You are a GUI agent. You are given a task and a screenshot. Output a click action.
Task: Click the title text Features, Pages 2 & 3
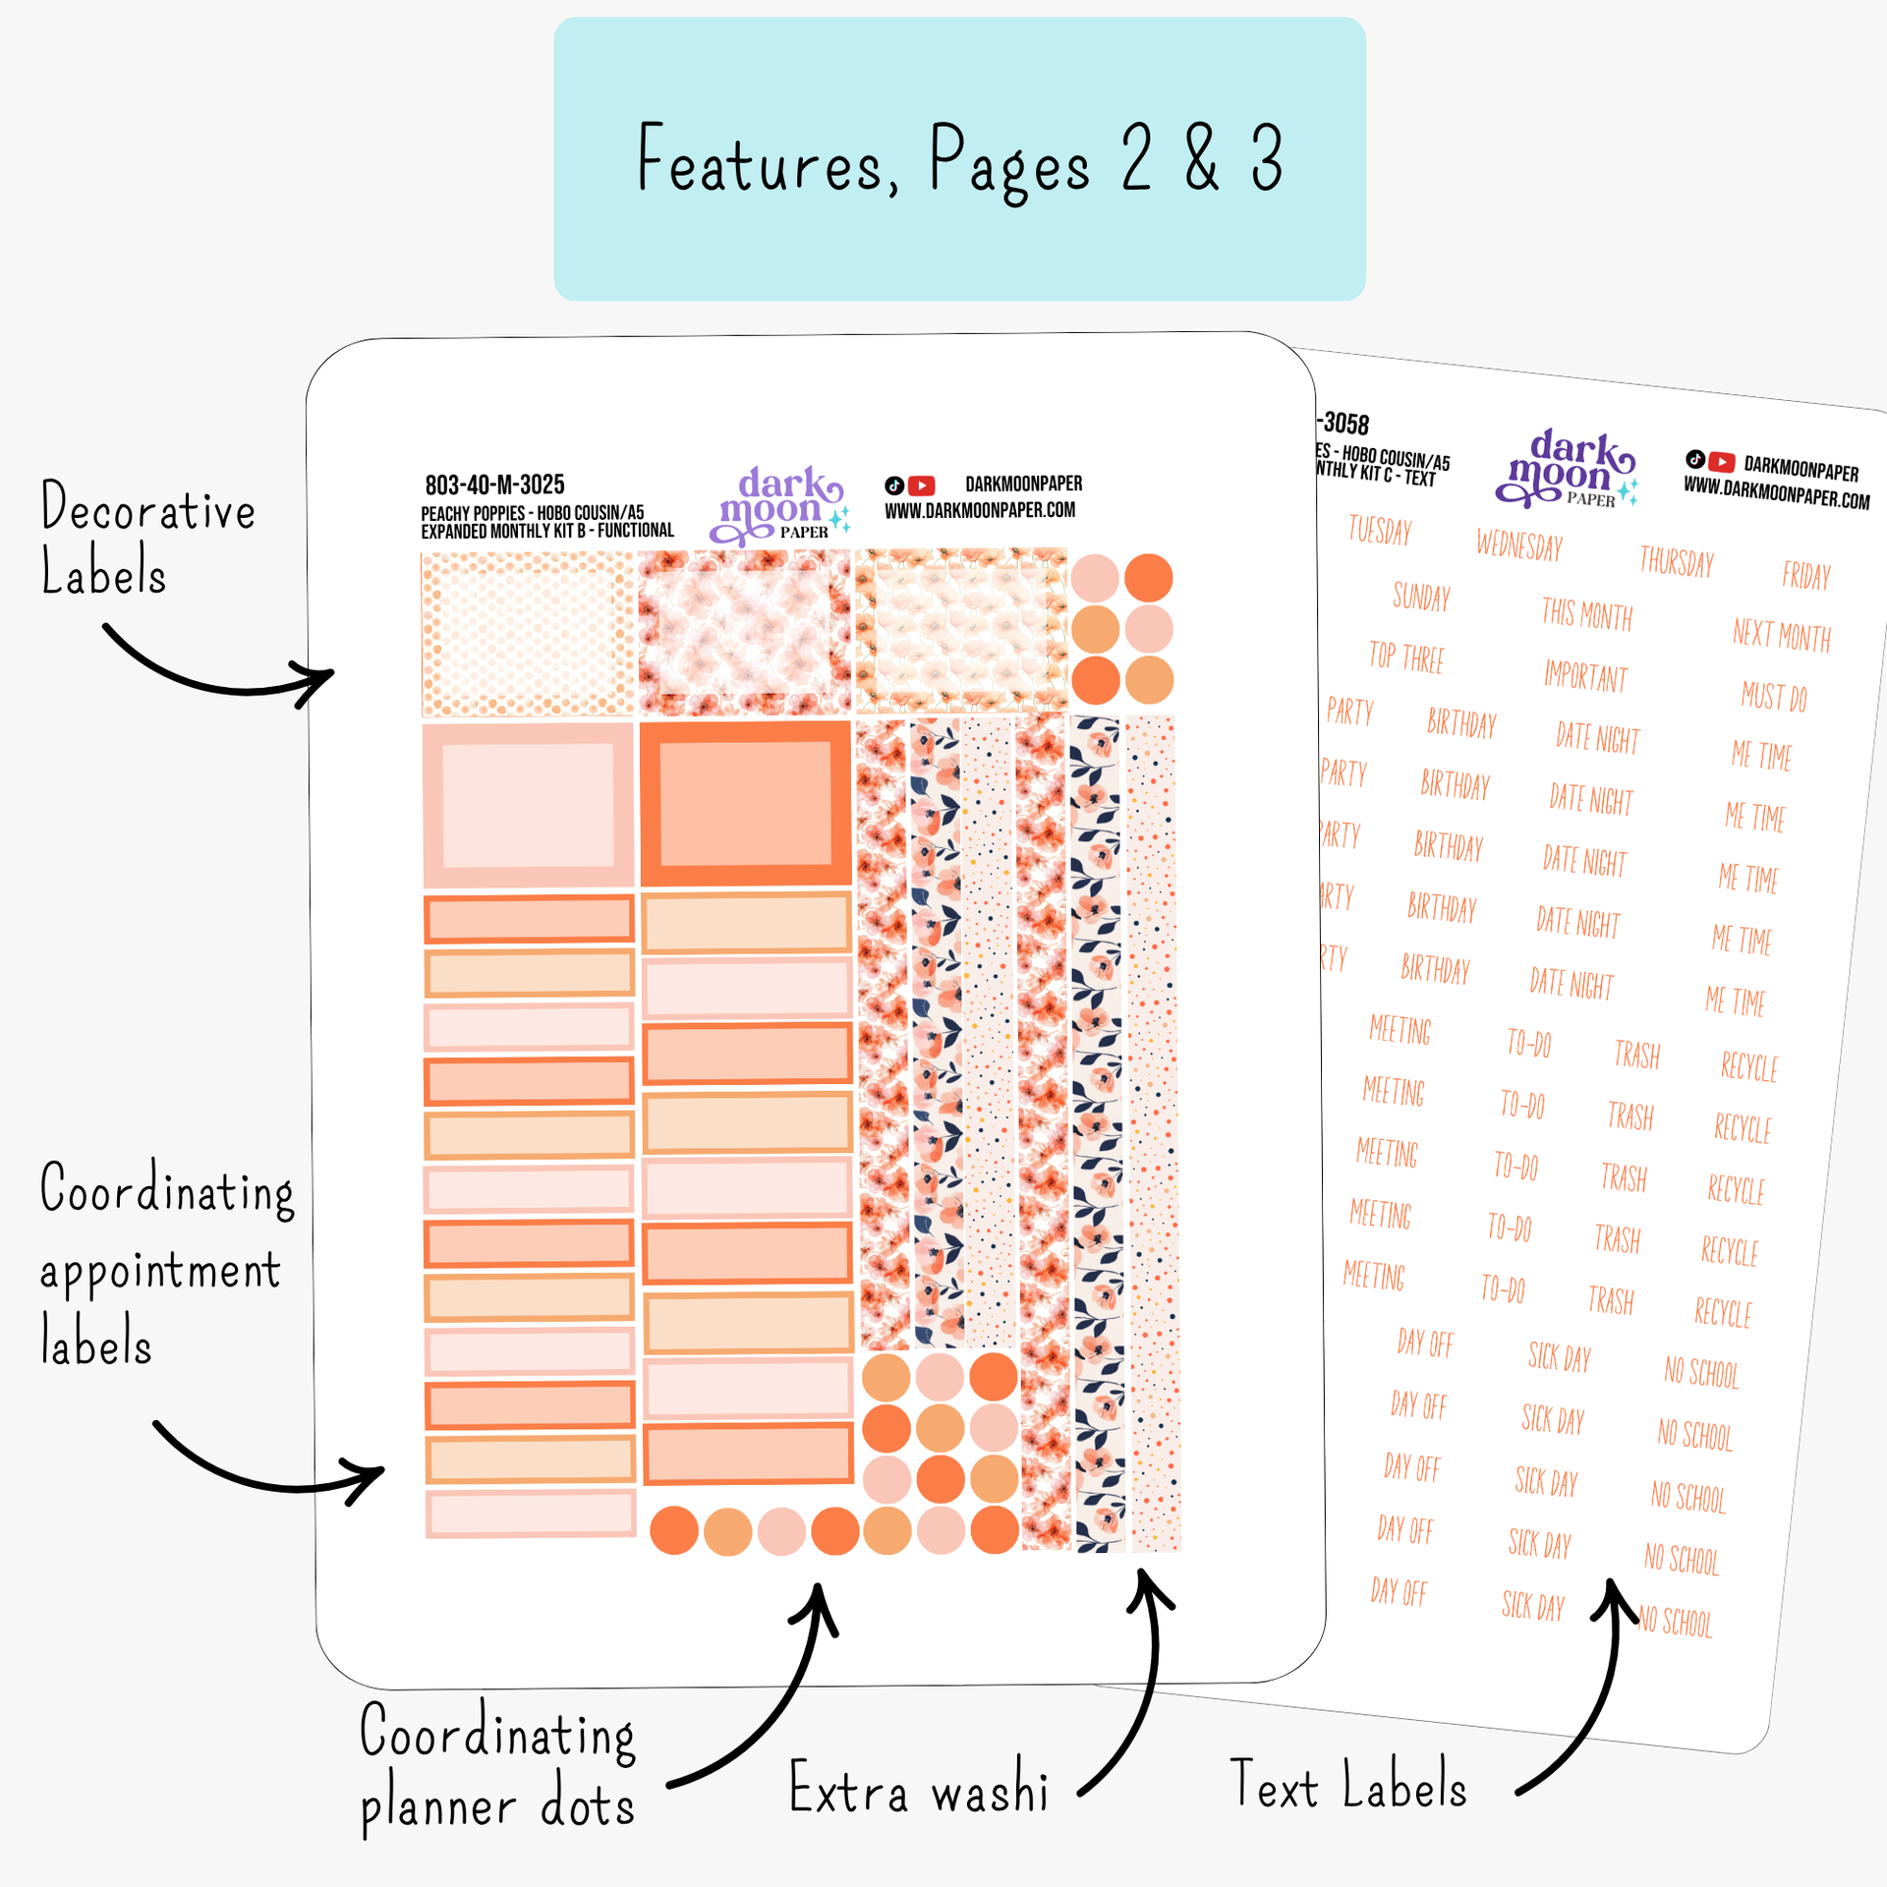[959, 160]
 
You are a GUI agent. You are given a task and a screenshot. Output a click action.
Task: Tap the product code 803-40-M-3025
[494, 485]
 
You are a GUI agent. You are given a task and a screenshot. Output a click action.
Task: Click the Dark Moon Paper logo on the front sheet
[779, 505]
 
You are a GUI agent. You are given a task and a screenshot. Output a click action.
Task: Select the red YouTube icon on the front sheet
[921, 486]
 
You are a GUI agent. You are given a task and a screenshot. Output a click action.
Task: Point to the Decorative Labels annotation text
[147, 539]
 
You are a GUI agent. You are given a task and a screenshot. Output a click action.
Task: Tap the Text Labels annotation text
[1347, 1785]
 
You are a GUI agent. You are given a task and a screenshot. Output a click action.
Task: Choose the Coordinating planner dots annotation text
[497, 1767]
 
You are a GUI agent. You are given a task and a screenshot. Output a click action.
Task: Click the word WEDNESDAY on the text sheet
[1519, 544]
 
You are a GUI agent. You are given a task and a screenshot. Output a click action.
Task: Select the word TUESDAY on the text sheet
[1380, 530]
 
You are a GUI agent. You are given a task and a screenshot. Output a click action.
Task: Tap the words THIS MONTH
[1586, 614]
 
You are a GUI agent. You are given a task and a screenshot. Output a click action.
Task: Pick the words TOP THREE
[1406, 657]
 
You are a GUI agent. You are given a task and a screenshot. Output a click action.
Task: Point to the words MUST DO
[1774, 697]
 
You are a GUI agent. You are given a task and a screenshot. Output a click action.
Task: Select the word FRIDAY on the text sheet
[1806, 575]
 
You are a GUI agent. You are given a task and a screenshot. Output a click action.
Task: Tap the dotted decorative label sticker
[528, 634]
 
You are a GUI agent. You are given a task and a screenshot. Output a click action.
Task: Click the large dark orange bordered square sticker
[745, 803]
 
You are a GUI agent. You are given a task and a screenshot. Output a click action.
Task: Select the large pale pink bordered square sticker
[528, 805]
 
